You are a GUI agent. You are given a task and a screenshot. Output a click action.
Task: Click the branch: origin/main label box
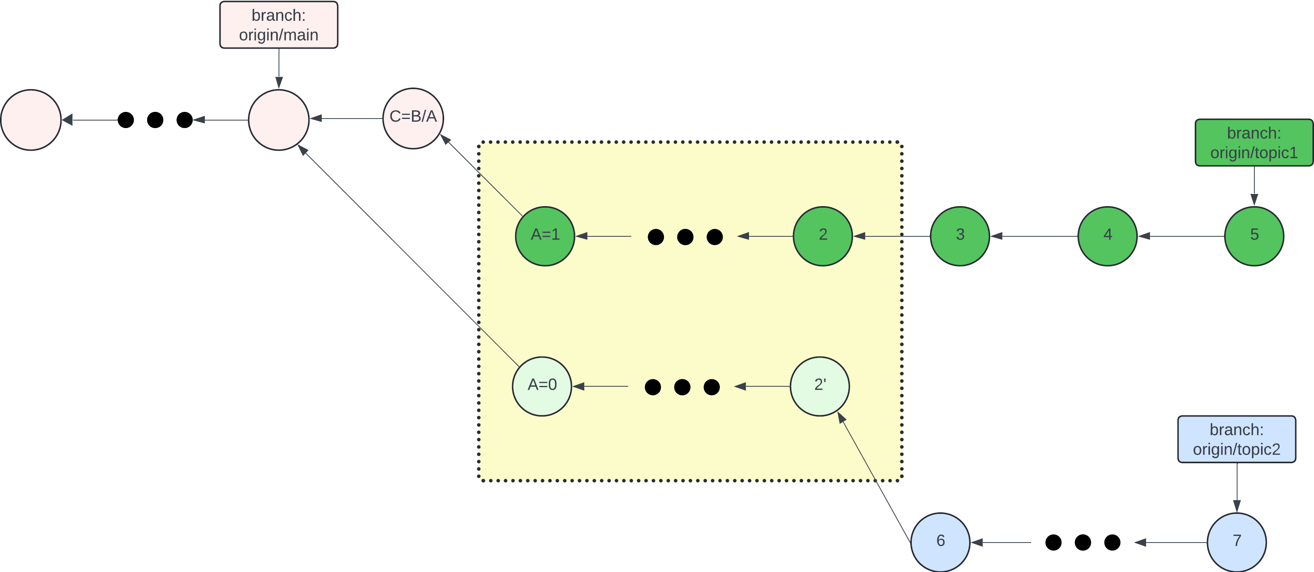[x=279, y=25]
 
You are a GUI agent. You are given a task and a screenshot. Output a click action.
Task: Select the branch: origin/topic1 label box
[x=1254, y=143]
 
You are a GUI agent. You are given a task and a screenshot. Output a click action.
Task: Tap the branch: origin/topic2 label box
[x=1236, y=439]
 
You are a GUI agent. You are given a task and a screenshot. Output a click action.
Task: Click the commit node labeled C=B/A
[x=413, y=119]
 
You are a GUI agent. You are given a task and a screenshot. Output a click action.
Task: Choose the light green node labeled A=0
[x=542, y=386]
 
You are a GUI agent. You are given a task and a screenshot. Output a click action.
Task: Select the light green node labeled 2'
[x=820, y=386]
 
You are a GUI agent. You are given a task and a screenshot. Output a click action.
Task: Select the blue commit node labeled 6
[x=940, y=542]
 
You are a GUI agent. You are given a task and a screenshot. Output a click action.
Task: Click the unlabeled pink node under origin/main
[x=279, y=120]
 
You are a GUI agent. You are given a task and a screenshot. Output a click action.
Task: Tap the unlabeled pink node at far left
[x=31, y=120]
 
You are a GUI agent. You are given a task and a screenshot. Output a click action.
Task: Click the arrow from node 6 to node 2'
[x=875, y=478]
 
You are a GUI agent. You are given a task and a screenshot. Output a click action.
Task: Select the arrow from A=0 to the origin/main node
[x=408, y=256]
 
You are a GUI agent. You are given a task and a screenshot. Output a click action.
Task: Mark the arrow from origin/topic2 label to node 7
[x=1236, y=487]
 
